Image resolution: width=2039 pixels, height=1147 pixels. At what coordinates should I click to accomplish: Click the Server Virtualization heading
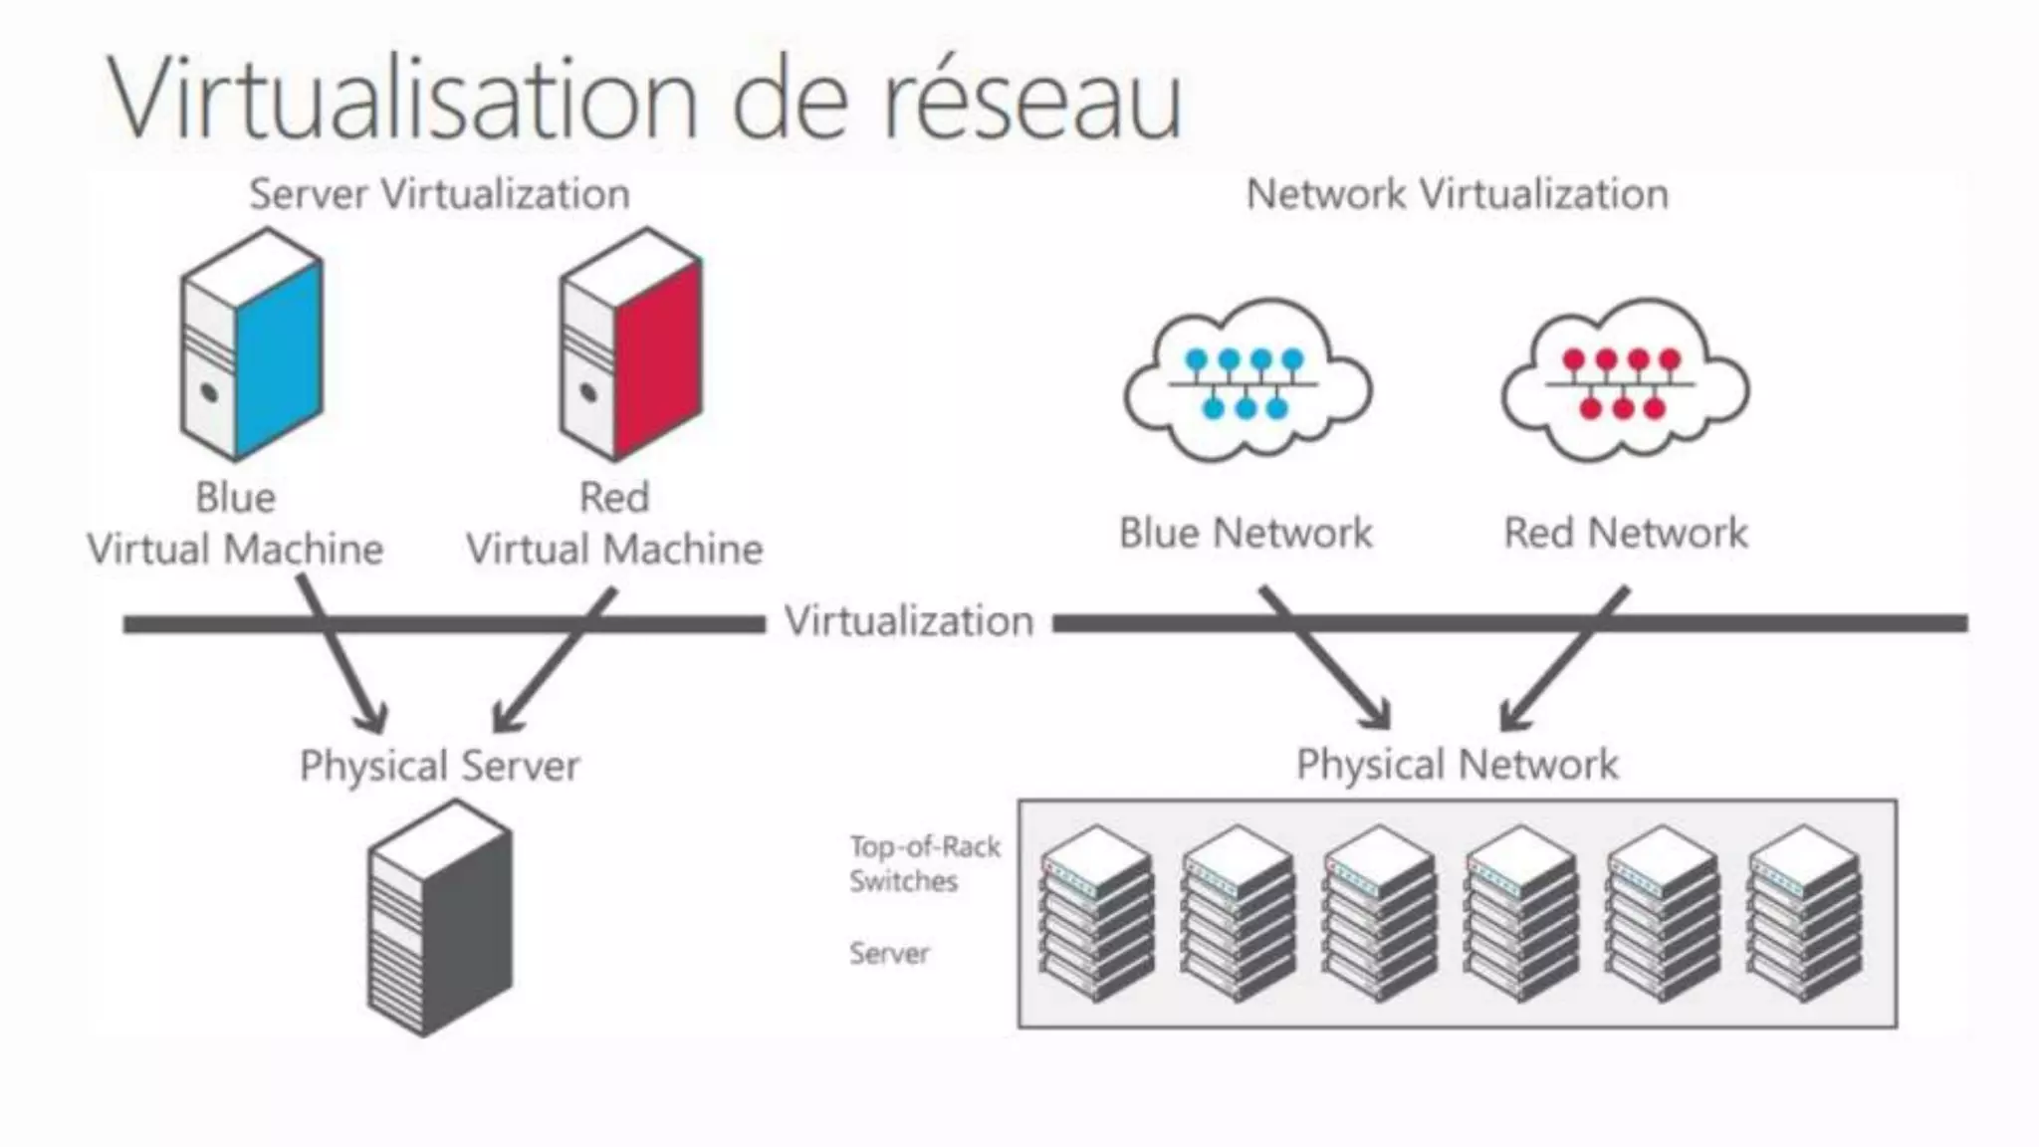coord(439,194)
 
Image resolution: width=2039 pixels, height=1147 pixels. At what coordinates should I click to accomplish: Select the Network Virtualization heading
coord(1457,194)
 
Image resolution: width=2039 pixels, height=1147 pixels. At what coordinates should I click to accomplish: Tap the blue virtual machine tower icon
coord(251,344)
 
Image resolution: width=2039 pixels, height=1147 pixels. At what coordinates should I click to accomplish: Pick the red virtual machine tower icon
coord(630,344)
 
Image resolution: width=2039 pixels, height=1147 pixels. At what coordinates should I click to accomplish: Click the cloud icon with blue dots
coord(1246,380)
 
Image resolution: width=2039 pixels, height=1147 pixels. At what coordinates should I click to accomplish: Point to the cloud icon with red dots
coord(1625,380)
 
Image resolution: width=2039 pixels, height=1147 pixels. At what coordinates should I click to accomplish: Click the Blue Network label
coord(1246,533)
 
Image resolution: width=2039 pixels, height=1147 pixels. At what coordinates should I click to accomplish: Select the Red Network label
coord(1625,533)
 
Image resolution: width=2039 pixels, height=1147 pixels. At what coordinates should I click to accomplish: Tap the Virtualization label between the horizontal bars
coord(908,621)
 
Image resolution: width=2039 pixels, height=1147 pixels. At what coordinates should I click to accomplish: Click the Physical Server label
coord(439,766)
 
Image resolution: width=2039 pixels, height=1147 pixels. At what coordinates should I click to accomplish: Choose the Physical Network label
coord(1457,765)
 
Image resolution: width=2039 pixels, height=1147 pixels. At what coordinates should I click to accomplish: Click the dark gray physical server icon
coord(439,918)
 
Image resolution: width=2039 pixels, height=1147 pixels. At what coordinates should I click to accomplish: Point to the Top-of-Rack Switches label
coord(924,863)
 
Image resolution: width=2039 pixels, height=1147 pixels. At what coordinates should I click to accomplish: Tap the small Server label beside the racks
coord(889,954)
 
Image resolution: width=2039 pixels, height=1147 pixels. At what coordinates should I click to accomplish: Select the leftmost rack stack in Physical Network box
coord(1096,913)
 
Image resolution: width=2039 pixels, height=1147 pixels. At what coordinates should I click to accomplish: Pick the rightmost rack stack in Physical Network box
coord(1804,913)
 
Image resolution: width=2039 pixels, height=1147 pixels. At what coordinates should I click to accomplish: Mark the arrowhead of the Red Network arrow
coord(1511,718)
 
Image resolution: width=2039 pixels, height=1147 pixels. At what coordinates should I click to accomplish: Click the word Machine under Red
coord(684,550)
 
